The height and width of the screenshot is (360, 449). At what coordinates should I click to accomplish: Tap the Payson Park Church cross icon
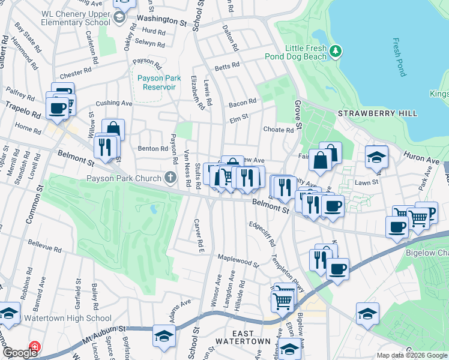[170, 178]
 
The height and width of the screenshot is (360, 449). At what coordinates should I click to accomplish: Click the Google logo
[20, 353]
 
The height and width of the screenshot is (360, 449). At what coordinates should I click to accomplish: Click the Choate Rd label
[279, 130]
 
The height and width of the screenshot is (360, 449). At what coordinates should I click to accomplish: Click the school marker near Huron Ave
[376, 157]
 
